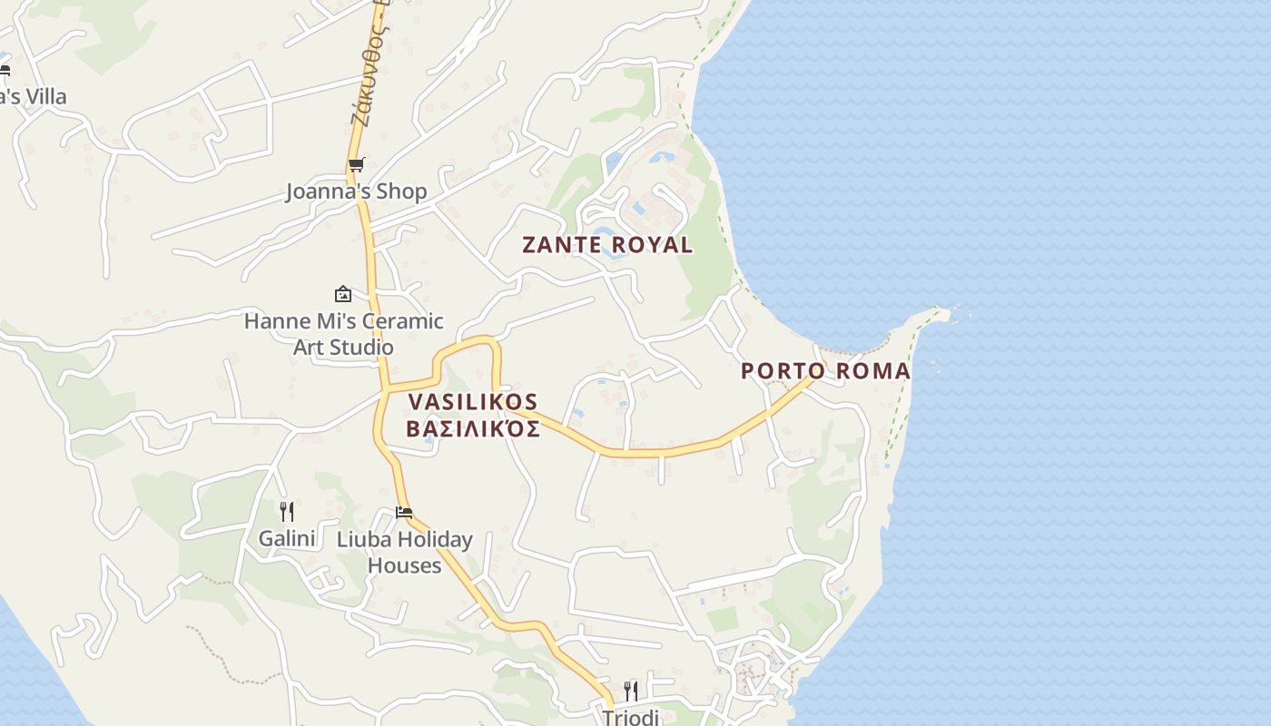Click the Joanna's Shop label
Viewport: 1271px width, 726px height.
coord(356,191)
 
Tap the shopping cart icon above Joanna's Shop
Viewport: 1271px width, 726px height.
coord(356,165)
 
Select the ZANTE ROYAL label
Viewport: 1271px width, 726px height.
coord(607,245)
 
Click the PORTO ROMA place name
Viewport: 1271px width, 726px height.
coord(825,371)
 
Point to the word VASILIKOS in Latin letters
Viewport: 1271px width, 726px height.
coord(473,402)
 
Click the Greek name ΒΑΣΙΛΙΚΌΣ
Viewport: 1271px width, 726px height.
coord(473,428)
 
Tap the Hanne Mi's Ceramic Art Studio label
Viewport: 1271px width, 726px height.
coord(343,334)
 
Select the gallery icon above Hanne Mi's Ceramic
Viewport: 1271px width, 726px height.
coord(343,294)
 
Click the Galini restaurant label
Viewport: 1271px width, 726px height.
coord(287,539)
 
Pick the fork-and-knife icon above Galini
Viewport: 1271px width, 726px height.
coord(287,512)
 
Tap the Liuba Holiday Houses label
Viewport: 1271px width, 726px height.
coord(404,552)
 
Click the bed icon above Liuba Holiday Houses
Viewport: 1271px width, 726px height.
coord(404,513)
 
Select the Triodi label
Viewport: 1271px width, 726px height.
coord(630,717)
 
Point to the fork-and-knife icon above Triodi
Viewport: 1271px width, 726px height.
coord(630,692)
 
